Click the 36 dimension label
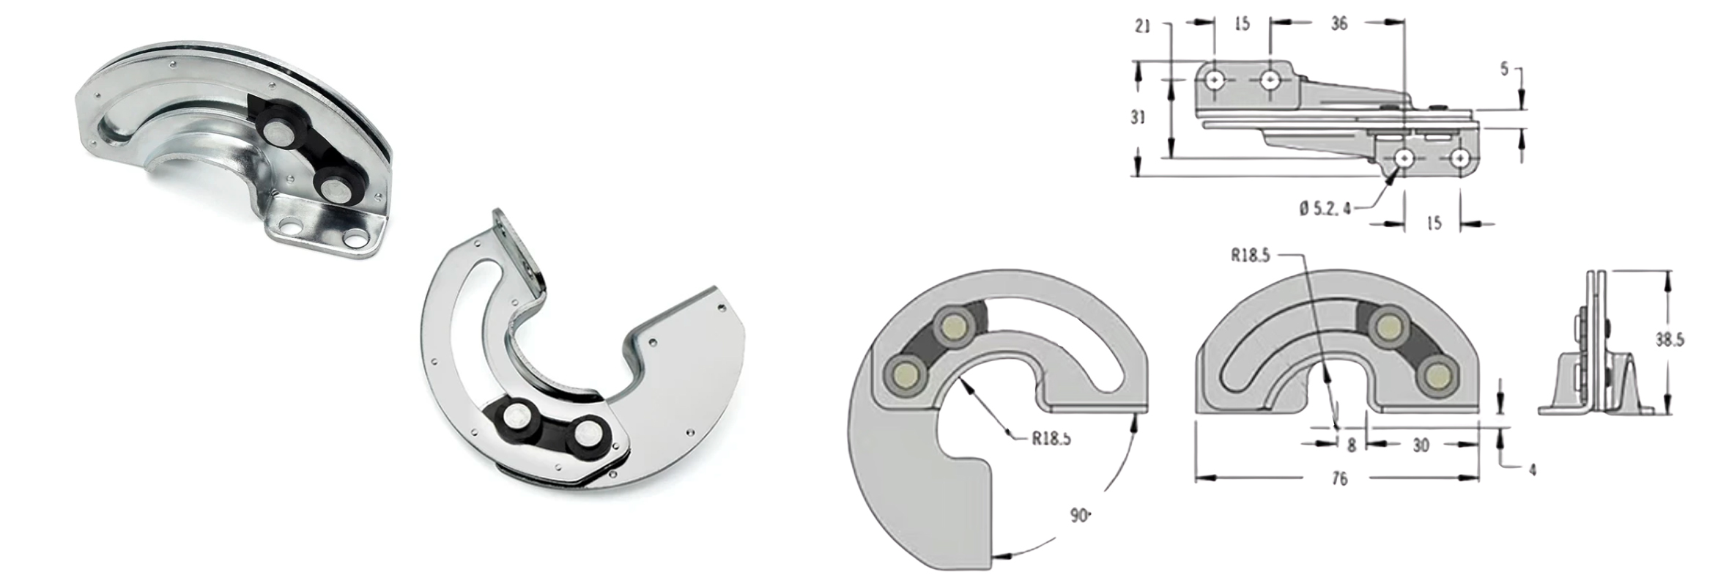1339,23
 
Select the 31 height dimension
1138,117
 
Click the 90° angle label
1079,516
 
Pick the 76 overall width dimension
1339,479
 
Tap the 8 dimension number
1352,445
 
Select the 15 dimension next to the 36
1241,23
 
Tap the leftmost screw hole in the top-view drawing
1215,78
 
